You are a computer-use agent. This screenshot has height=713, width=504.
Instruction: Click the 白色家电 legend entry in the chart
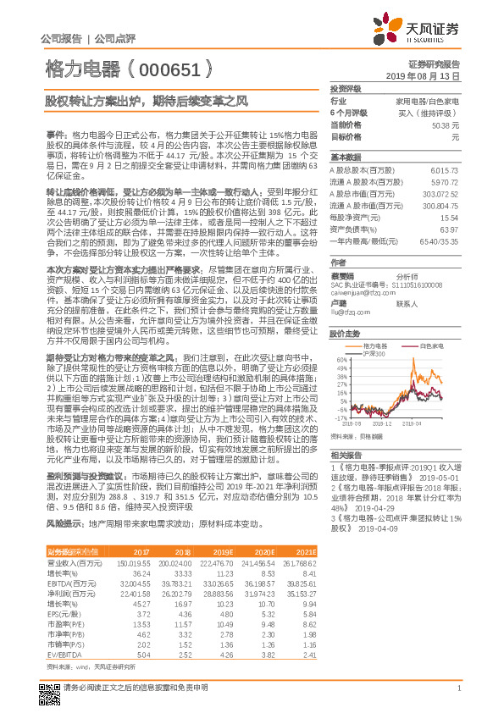point(433,345)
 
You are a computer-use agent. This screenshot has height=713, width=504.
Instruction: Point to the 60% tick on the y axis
point(343,359)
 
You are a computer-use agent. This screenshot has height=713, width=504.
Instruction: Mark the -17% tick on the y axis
point(341,417)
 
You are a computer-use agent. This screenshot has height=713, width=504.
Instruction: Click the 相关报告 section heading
point(346,455)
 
